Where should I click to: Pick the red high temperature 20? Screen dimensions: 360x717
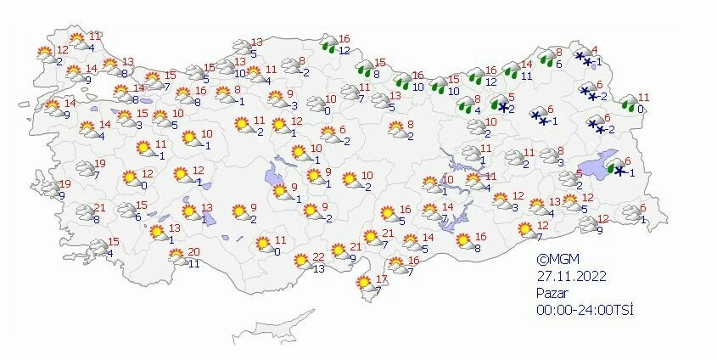193,251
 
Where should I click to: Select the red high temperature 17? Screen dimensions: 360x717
381,279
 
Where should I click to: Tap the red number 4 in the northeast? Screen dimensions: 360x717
595,50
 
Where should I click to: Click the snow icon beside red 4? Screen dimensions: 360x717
583,59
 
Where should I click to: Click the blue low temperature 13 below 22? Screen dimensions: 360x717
318,269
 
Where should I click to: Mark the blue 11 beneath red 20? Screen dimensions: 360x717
193,263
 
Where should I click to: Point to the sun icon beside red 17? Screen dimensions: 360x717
365,282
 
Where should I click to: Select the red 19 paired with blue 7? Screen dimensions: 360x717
98,164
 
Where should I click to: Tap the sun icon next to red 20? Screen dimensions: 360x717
175,256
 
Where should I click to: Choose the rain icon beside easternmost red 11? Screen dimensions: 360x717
629,104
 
